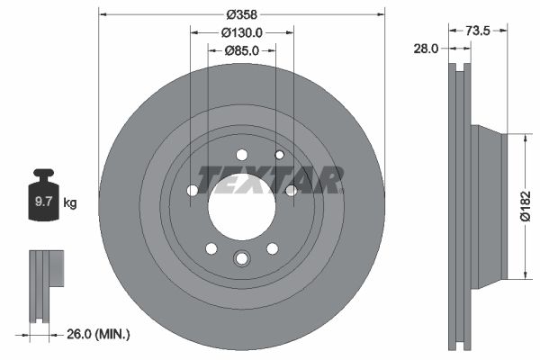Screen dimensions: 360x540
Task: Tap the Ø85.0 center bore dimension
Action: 241,50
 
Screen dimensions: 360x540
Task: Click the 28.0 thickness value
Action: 427,49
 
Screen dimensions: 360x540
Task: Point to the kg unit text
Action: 69,203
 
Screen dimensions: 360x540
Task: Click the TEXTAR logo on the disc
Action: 270,180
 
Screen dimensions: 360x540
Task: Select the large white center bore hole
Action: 241,208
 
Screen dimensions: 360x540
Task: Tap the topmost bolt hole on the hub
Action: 241,155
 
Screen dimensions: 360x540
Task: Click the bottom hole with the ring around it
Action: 241,260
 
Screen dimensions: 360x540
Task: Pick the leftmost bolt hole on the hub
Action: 193,190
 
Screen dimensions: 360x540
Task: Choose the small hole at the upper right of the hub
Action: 280,155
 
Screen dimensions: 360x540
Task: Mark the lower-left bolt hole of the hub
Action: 211,248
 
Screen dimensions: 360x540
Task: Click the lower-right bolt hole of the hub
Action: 271,248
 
